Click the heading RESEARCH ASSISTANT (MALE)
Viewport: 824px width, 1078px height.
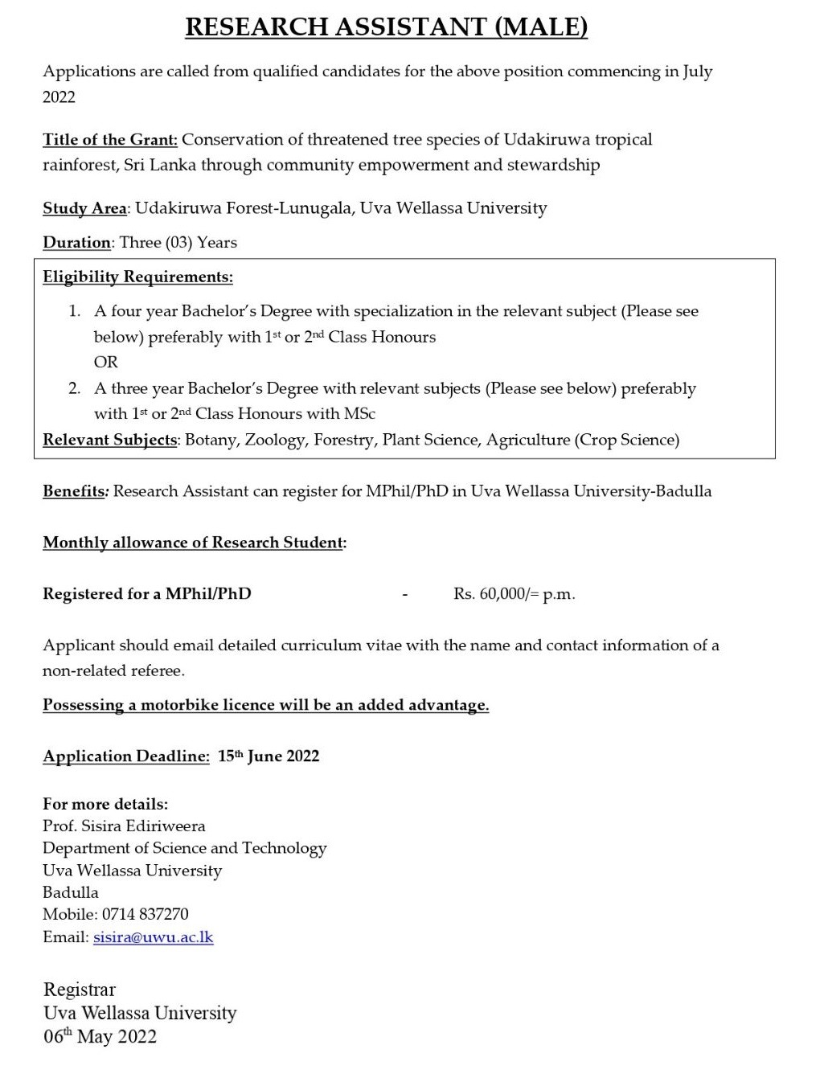[x=386, y=27]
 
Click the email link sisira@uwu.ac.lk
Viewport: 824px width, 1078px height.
[x=154, y=937]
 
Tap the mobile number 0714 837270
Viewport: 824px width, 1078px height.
[x=146, y=914]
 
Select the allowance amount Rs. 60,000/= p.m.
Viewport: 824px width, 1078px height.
[x=514, y=594]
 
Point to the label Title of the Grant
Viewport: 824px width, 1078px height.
[x=110, y=140]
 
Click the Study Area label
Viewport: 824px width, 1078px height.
[x=84, y=208]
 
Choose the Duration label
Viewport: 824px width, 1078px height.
[x=76, y=243]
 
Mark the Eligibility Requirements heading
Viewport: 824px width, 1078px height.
[x=137, y=277]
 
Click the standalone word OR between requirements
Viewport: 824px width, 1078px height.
[x=105, y=363]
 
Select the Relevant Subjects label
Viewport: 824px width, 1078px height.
[x=110, y=440]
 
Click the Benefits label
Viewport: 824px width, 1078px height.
[x=74, y=491]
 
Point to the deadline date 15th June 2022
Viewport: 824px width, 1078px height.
[x=269, y=756]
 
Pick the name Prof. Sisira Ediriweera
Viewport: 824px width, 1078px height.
[x=124, y=826]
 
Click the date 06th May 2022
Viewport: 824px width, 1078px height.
[x=100, y=1036]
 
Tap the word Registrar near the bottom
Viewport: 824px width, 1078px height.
[x=80, y=990]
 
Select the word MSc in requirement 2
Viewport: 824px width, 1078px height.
[x=359, y=414]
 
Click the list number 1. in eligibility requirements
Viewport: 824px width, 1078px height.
[x=74, y=311]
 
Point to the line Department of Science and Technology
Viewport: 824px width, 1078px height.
[x=184, y=848]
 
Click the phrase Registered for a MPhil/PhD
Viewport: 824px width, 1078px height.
[x=146, y=594]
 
